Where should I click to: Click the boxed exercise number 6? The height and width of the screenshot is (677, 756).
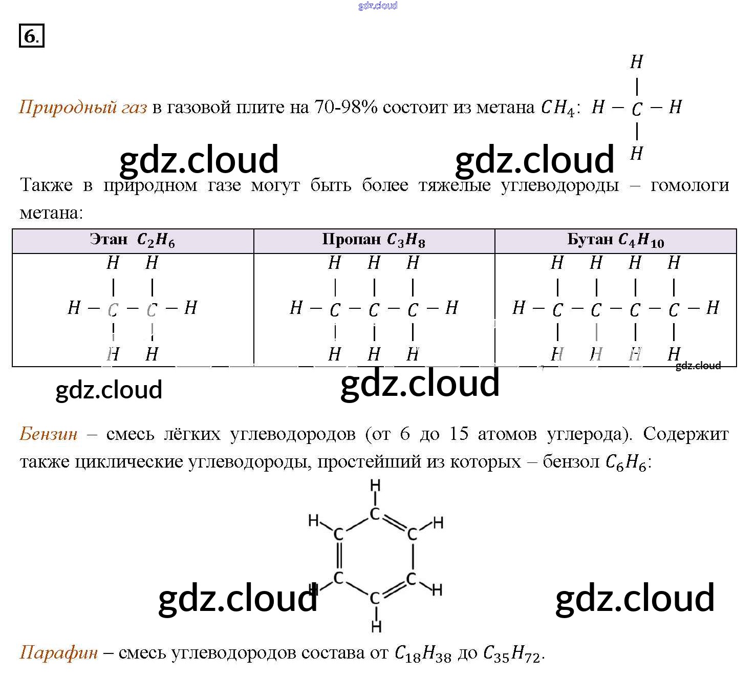(31, 36)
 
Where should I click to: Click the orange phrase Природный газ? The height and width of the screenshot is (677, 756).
(83, 107)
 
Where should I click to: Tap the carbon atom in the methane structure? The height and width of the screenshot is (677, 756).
(636, 109)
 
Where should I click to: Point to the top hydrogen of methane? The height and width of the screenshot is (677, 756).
(636, 62)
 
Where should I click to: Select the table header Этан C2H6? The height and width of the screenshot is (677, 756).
(133, 240)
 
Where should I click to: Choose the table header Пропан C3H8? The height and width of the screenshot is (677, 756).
(374, 240)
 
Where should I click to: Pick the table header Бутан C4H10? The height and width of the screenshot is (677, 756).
(615, 240)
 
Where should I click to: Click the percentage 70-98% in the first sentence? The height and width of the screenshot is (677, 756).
(345, 107)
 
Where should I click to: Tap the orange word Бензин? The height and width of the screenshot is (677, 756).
(49, 434)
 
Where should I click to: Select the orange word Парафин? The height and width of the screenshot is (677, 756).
(58, 652)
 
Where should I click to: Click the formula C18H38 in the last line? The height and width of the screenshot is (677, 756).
(423, 653)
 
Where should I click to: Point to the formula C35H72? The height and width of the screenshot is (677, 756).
(511, 653)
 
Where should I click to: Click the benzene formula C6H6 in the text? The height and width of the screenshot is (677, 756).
(625, 462)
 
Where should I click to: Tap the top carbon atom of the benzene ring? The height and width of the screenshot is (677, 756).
(375, 514)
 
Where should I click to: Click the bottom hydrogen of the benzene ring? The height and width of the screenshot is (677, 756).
(376, 626)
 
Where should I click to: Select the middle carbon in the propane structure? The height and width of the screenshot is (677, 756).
(374, 309)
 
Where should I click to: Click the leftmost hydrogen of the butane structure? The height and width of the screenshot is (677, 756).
(519, 308)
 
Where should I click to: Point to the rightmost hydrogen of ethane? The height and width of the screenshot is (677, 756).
(190, 308)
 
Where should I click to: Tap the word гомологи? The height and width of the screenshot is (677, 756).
(689, 185)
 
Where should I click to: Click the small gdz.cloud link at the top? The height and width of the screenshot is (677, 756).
(378, 6)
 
